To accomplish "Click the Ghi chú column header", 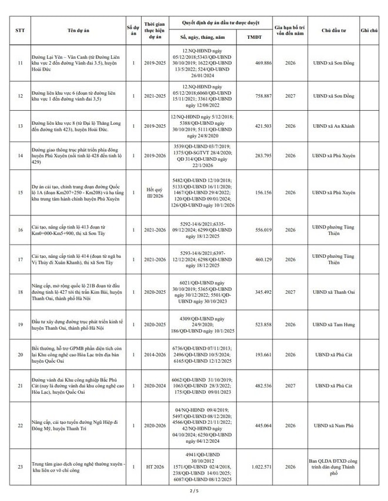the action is (369, 29).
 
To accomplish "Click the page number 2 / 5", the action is (194, 490).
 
